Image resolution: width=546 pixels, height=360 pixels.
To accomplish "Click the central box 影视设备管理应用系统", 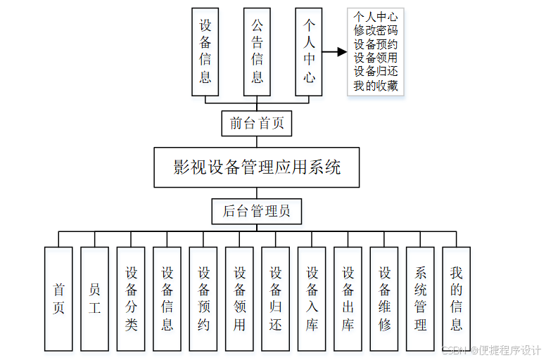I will (257, 167).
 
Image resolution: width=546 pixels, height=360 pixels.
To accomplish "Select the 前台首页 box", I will (257, 124).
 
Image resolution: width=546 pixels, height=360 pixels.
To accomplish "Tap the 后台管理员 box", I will (257, 211).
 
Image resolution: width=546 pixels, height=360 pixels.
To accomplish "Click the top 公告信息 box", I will (258, 51).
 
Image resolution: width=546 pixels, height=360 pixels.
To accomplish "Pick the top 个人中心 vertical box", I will (309, 51).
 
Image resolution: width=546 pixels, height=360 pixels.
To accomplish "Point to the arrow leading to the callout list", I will (335, 51).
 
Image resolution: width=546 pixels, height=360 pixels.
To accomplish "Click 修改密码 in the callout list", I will (376, 30).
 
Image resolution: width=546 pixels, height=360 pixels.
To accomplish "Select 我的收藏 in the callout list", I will (376, 86).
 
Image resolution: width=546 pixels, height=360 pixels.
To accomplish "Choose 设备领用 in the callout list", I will (376, 58).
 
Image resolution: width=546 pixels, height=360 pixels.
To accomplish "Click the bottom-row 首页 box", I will (58, 299).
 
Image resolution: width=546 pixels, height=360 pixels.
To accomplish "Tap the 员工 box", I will (95, 299).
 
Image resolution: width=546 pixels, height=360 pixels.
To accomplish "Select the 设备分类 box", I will (131, 299).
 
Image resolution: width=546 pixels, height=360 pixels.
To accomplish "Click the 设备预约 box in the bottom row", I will (203, 299).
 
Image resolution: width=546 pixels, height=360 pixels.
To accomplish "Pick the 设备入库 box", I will (312, 299).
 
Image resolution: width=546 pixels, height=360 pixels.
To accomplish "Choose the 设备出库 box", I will (348, 299).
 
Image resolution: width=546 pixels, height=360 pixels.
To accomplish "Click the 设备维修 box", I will (384, 299).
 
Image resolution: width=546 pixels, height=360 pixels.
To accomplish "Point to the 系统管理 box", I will (421, 299).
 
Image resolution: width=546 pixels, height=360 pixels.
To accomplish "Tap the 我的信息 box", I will (457, 299).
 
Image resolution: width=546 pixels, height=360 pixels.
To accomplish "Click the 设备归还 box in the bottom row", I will (276, 299).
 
